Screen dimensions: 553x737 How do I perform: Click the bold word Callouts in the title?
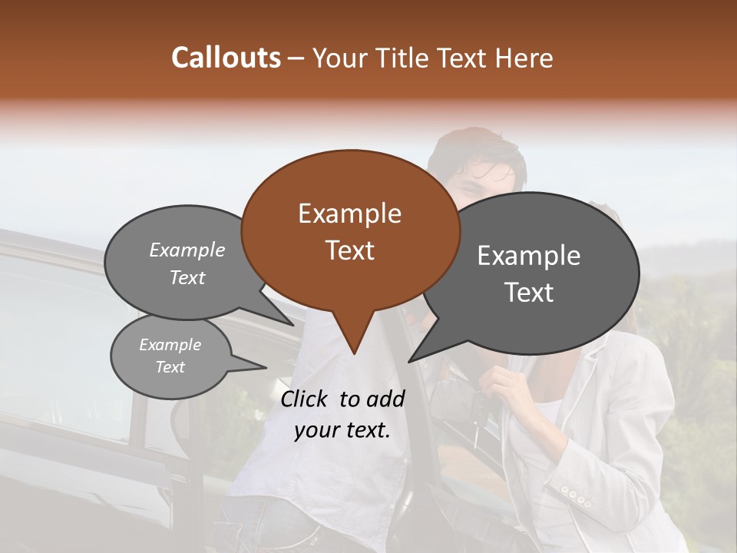click(x=226, y=58)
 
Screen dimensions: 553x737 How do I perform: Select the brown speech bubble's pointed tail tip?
click(x=354, y=353)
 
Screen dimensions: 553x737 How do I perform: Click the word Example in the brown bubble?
click(x=349, y=214)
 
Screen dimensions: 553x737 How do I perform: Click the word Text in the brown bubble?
click(x=349, y=250)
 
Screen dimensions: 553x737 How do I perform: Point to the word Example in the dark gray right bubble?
click(x=528, y=256)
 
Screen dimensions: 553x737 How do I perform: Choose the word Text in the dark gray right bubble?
click(x=528, y=293)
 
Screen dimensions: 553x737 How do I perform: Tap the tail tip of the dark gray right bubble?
click(x=409, y=361)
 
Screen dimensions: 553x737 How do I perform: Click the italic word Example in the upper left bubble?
click(x=187, y=250)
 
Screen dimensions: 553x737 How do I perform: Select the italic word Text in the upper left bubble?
click(x=187, y=278)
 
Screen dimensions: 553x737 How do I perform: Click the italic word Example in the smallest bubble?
click(x=170, y=345)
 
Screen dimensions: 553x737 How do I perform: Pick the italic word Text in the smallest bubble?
click(x=170, y=367)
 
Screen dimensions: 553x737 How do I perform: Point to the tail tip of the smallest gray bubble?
click(x=266, y=368)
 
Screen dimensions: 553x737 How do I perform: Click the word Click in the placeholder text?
click(x=306, y=399)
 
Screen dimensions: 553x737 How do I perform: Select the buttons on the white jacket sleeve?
click(x=574, y=495)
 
